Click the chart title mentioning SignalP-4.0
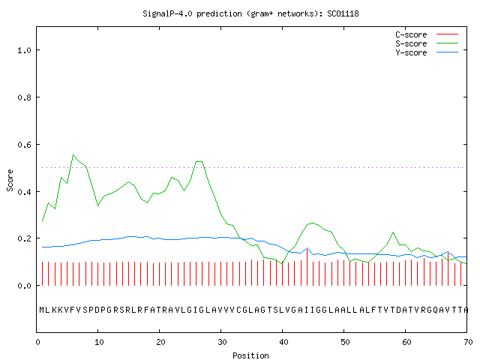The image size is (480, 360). (250, 14)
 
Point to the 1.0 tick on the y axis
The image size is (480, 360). (24, 50)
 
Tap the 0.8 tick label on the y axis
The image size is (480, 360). (24, 97)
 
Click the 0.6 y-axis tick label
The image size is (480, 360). (24, 145)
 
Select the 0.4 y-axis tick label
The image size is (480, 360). (24, 192)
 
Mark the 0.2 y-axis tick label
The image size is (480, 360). (24, 238)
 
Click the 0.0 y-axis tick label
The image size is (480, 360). (24, 286)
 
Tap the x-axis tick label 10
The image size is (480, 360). (99, 342)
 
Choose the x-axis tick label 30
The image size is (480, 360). (222, 342)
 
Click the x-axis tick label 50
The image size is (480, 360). (345, 342)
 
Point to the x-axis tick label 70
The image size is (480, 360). (468, 342)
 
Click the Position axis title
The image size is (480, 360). (250, 355)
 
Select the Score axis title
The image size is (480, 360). (10, 180)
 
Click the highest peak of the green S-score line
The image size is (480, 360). (73, 155)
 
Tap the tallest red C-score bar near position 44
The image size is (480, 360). (307, 267)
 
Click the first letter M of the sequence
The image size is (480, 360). (42, 310)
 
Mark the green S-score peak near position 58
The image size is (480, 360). (393, 232)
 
